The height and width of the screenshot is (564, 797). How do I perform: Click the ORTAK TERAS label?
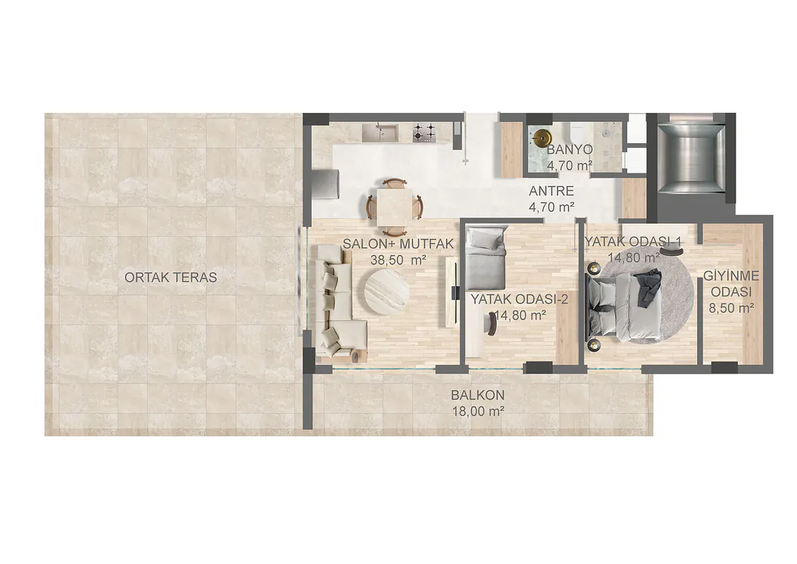tap(171, 278)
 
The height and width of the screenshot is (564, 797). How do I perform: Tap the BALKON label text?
tap(478, 395)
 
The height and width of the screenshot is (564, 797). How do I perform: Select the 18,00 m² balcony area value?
tap(478, 411)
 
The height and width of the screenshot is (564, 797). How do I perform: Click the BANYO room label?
tap(570, 149)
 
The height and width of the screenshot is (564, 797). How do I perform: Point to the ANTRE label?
tap(551, 191)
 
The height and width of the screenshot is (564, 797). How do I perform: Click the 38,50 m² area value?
tap(398, 260)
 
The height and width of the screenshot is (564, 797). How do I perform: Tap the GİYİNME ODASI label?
tap(732, 284)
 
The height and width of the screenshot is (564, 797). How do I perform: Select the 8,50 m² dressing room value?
tap(732, 308)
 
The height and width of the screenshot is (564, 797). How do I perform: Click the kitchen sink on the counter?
tap(381, 133)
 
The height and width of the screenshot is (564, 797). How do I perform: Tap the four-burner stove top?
tap(425, 132)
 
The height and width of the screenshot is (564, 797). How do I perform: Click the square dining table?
tap(395, 206)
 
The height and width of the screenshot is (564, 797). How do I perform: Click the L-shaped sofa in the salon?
tap(335, 303)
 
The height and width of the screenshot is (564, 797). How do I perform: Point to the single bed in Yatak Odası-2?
tap(487, 258)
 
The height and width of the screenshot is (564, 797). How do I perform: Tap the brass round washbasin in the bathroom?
tap(540, 137)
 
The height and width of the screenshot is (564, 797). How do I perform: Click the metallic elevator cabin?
tap(691, 158)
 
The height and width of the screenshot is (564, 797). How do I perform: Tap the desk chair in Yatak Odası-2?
tap(491, 324)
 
